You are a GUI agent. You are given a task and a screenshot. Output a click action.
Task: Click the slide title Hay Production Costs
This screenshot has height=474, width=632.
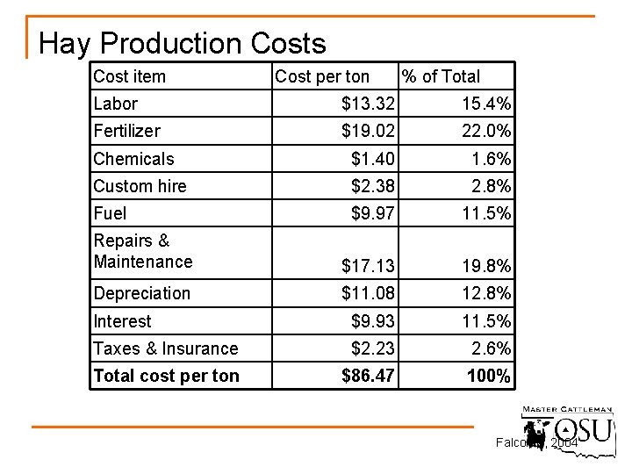[x=183, y=44]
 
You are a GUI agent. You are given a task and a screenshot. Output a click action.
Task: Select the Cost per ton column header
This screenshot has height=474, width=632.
[x=322, y=76]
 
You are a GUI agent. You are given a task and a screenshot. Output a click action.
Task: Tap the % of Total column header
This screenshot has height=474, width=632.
[x=441, y=76]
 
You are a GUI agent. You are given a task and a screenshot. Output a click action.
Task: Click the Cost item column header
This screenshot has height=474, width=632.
[x=129, y=76]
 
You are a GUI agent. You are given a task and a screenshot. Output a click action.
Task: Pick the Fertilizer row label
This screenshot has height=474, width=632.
[x=126, y=131]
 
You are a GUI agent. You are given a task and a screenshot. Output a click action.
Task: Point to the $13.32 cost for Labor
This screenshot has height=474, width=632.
[x=368, y=104]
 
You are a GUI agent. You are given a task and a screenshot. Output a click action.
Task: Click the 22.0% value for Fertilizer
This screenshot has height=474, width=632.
[x=486, y=132]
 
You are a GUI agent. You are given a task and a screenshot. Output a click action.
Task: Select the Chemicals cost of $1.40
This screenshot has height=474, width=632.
[x=373, y=159]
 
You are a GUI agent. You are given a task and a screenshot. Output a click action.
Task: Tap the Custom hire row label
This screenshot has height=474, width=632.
[x=140, y=186]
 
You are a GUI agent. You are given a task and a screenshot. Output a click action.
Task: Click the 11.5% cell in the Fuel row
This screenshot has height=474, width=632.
[x=486, y=213]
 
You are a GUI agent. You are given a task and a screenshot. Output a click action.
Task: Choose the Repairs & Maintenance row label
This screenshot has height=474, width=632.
[x=142, y=251]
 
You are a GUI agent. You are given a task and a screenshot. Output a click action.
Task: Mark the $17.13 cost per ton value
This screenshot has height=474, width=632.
[x=368, y=265]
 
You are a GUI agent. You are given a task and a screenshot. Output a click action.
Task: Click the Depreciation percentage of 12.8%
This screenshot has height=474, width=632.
[x=486, y=293]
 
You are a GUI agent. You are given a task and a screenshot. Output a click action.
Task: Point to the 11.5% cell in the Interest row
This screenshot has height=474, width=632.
[x=486, y=321]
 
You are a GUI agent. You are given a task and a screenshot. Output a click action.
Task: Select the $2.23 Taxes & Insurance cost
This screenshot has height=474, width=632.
[x=373, y=348]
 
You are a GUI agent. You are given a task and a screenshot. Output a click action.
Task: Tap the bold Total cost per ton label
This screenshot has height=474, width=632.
[x=166, y=376]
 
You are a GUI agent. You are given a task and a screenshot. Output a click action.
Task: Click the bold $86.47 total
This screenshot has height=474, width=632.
[x=368, y=377]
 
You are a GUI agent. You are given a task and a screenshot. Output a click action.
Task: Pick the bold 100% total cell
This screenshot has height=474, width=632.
[x=489, y=377]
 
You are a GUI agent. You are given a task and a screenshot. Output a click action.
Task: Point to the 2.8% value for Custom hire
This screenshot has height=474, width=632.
[x=491, y=186]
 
